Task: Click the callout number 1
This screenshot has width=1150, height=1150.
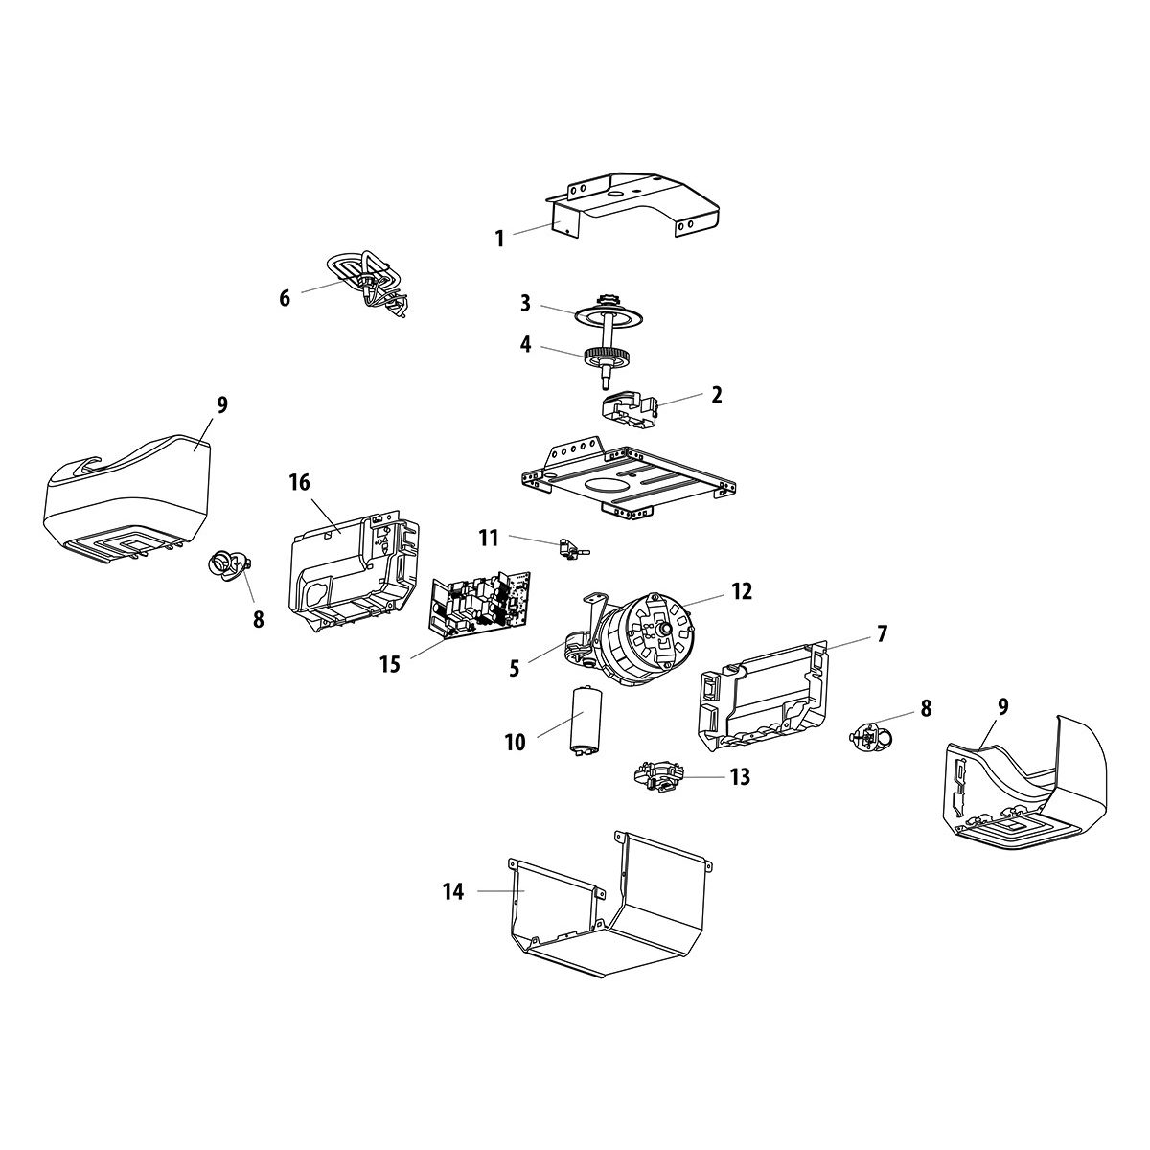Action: click(x=499, y=239)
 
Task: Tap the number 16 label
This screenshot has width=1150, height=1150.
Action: click(x=300, y=482)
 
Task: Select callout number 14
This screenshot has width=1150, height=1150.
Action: click(x=453, y=892)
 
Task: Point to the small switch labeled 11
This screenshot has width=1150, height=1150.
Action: click(x=571, y=547)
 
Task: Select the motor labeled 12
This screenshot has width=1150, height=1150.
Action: click(x=647, y=632)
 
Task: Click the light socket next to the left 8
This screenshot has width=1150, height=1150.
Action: click(x=227, y=565)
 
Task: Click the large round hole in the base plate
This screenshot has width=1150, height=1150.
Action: click(x=605, y=486)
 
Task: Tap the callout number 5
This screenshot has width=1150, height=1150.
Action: click(x=515, y=668)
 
